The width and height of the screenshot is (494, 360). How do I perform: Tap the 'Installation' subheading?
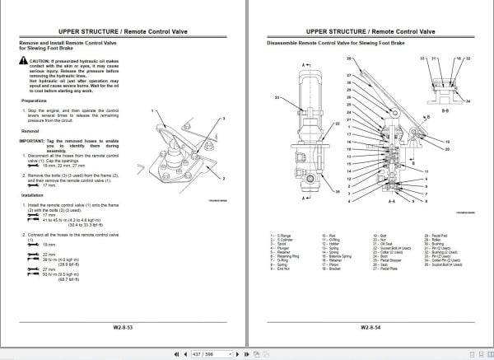pyautogui.click(x=32, y=195)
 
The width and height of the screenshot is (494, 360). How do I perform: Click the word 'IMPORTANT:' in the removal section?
pyautogui.click(x=33, y=140)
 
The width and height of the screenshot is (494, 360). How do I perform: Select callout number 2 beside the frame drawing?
pyautogui.click(x=222, y=177)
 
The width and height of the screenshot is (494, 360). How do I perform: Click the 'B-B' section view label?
pyautogui.click(x=445, y=108)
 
